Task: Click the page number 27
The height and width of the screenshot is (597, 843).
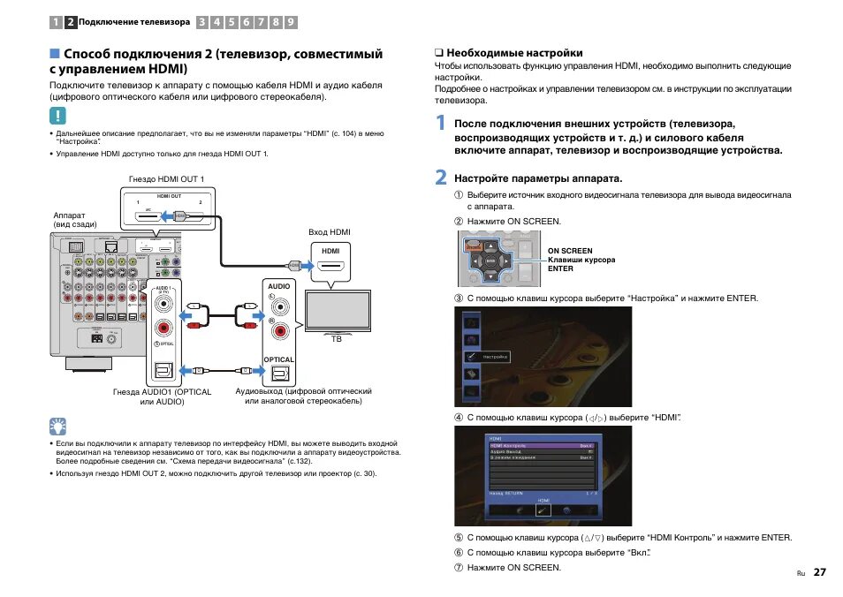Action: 820,571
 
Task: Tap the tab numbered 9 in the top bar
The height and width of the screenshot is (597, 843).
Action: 291,21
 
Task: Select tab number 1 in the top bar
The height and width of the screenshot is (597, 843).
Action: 56,21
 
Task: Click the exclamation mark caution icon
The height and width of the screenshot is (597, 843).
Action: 58,115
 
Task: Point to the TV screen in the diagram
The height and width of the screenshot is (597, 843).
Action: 338,309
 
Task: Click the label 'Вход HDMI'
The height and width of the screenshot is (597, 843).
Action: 330,232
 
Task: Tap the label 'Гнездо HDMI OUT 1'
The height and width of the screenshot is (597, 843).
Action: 166,179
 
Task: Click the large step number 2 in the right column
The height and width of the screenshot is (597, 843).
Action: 441,178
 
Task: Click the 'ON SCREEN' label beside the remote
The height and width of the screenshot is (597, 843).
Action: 570,251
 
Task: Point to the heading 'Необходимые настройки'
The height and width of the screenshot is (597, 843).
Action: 508,53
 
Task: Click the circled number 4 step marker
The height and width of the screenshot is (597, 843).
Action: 459,417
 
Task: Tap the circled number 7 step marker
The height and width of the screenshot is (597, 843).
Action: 459,567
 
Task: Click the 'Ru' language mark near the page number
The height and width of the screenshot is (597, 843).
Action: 801,573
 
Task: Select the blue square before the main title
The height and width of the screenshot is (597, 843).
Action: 55,54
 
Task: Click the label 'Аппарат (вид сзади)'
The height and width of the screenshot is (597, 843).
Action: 75,220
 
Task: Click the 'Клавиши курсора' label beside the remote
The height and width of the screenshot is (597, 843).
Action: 581,260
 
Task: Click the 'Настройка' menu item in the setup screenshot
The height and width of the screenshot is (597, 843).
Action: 496,357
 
